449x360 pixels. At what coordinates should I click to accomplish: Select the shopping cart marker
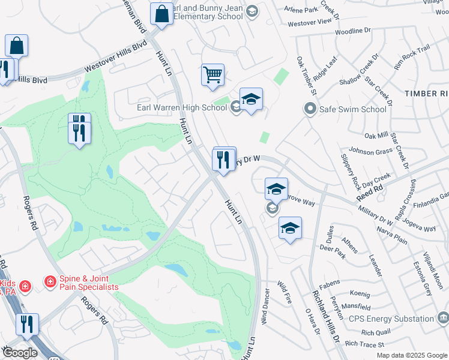pos(212,76)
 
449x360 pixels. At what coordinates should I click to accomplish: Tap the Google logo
pos(20,353)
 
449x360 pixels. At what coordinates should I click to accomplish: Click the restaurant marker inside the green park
pos(79,128)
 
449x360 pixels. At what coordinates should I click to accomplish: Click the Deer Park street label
pos(334,247)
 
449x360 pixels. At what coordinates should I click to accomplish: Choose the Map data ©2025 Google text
pos(412,355)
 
